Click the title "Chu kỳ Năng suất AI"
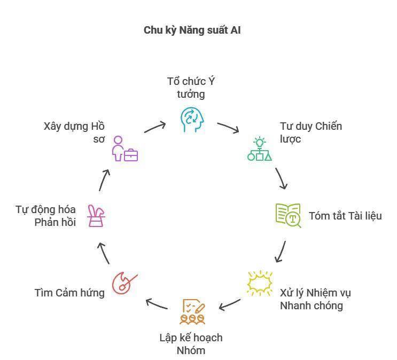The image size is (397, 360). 192,30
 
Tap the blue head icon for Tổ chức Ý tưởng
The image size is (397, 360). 192,120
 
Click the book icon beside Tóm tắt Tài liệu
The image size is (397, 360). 288,215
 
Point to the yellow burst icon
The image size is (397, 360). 260,284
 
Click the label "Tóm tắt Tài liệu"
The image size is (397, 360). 345,216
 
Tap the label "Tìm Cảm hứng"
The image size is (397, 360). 69,292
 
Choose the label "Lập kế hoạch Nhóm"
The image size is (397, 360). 191,344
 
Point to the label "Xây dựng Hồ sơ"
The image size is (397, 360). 74,133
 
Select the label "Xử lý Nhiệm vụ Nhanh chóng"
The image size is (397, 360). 315,299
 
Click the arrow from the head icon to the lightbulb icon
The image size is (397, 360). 228,128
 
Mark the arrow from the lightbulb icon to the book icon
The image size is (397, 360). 282,178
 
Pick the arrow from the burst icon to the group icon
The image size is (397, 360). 230,304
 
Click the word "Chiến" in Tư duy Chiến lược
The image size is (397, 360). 328,127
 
